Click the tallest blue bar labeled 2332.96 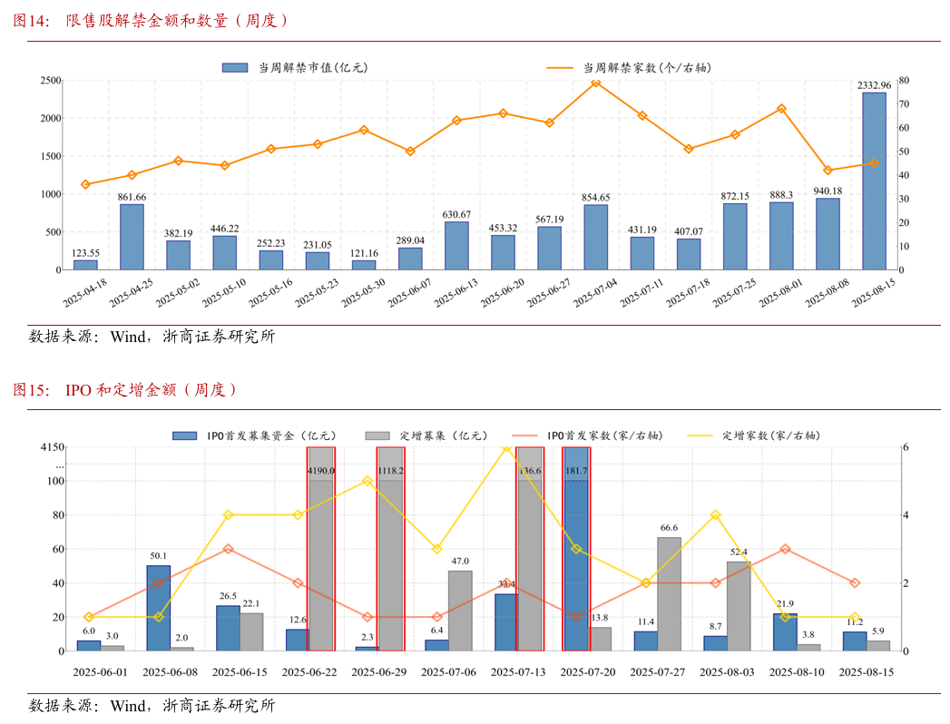click(874, 181)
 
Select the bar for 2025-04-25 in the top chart click(132, 237)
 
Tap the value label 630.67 click(456, 214)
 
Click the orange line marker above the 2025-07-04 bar click(595, 83)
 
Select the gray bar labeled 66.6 click(670, 593)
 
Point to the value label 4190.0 click(321, 471)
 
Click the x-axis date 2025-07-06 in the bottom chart click(448, 672)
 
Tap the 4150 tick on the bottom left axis click(53, 447)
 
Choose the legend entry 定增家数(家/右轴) click(771, 435)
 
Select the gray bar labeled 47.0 click(460, 610)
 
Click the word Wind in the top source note click(128, 337)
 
